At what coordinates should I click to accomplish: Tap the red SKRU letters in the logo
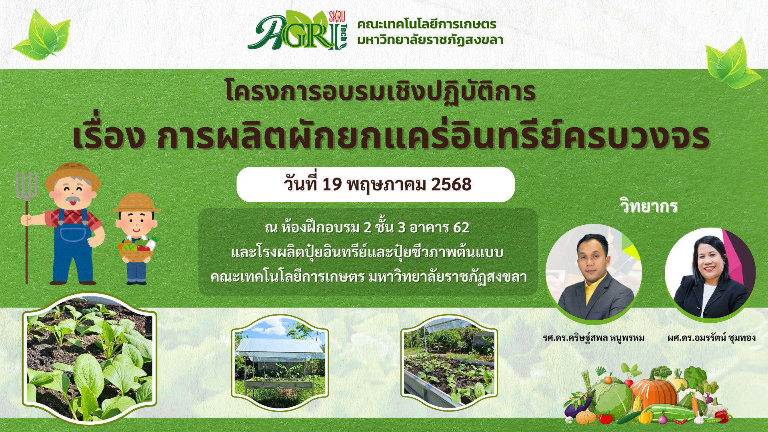337,17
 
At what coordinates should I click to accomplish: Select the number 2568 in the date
451,184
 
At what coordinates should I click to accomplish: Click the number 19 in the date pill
332,184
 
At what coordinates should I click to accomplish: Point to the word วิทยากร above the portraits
648,206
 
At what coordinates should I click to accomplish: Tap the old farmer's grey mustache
72,199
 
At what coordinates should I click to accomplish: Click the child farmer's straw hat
136,203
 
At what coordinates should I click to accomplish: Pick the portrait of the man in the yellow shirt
594,273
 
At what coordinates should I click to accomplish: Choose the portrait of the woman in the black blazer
710,274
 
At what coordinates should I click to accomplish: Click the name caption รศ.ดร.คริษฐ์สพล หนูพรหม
594,338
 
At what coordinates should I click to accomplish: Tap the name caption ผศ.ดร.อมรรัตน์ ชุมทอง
712,338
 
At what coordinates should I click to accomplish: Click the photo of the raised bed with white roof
280,362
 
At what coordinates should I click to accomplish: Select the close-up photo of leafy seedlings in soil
90,358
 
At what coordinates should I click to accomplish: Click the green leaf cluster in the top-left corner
42,35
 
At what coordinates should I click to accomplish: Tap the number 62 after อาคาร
461,228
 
